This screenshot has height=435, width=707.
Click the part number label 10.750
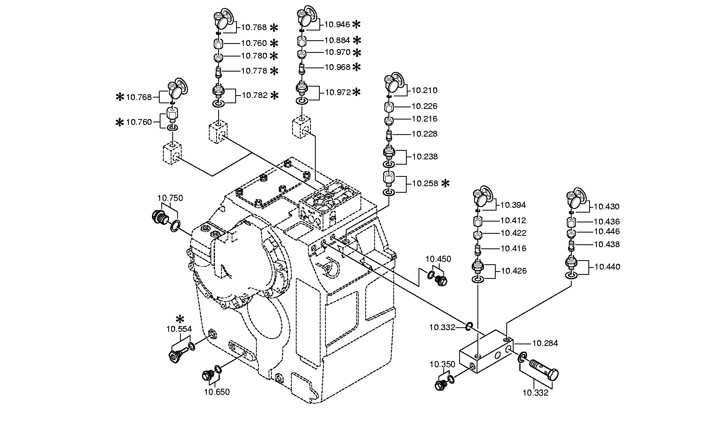(170, 198)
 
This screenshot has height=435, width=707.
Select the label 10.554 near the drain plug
(179, 329)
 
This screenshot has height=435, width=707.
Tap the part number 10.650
(217, 392)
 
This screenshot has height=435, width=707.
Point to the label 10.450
(438, 259)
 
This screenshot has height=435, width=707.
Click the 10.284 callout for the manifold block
(545, 344)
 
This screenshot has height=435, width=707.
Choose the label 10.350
(442, 365)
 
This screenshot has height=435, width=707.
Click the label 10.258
(425, 184)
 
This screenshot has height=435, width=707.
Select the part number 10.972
(338, 93)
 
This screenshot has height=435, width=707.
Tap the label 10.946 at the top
(337, 24)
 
